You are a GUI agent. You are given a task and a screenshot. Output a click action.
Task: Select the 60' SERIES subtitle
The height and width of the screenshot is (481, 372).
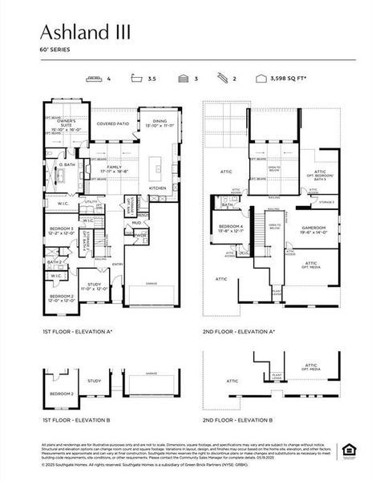click(55, 50)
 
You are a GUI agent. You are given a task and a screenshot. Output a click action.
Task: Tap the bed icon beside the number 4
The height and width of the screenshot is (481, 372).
click(95, 79)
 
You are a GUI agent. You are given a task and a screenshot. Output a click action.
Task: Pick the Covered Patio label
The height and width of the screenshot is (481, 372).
click(113, 124)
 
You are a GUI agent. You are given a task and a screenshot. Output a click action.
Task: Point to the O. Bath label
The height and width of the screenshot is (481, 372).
click(66, 165)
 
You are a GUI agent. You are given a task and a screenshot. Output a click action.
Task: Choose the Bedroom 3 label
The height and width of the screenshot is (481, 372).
click(61, 230)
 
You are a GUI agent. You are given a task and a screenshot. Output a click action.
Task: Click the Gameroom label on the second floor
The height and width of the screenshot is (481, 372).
click(315, 229)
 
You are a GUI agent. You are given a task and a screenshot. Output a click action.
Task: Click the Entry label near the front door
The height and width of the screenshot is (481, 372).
click(118, 264)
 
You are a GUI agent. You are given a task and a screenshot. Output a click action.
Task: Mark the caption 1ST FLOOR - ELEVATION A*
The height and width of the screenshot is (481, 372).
click(78, 330)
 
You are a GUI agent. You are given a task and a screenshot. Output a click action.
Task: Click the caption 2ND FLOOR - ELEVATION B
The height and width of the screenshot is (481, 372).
click(237, 419)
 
